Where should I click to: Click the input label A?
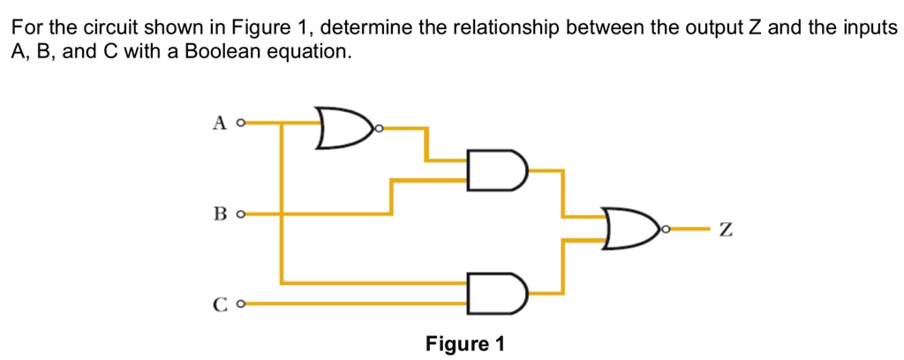click(x=220, y=124)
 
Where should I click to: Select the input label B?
click(x=220, y=214)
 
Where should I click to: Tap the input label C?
click(x=220, y=305)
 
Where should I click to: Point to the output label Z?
click(x=726, y=231)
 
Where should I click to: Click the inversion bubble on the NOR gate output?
click(x=667, y=229)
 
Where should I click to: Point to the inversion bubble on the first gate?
click(x=380, y=130)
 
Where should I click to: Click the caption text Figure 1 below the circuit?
click(x=465, y=343)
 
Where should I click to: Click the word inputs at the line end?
click(x=870, y=28)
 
